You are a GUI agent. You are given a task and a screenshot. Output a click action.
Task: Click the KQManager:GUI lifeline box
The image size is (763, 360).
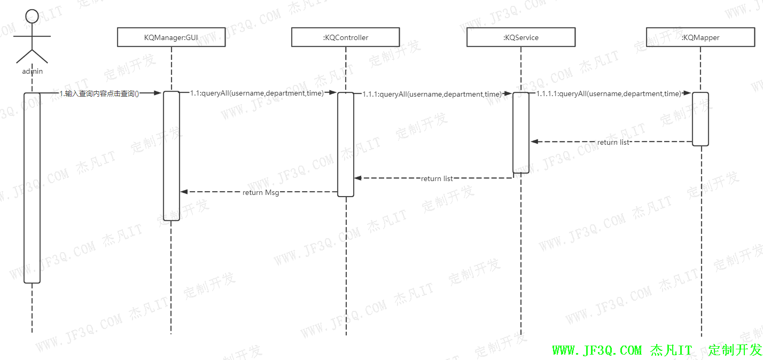click(x=171, y=37)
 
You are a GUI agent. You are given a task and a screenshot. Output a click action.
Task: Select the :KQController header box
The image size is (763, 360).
click(x=346, y=37)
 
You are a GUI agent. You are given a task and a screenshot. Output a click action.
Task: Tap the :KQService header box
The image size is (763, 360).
click(x=521, y=37)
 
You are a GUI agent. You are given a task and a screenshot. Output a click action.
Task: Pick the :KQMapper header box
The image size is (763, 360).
click(x=700, y=37)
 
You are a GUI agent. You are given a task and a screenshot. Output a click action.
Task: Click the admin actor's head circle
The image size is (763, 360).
click(x=32, y=17)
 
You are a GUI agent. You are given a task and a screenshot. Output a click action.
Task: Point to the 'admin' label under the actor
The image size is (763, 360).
click(x=32, y=71)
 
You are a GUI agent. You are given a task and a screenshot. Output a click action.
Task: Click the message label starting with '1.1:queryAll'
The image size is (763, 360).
click(x=257, y=93)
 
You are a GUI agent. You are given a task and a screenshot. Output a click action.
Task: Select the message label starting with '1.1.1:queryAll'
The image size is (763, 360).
click(x=432, y=94)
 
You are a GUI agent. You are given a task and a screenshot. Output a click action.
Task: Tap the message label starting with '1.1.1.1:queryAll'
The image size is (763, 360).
click(x=609, y=93)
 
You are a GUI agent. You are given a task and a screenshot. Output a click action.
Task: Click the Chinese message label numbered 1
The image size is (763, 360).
click(x=99, y=94)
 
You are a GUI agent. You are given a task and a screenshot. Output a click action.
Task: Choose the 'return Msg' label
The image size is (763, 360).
click(x=261, y=192)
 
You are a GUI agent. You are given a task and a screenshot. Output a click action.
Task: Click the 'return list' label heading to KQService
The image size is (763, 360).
click(x=613, y=142)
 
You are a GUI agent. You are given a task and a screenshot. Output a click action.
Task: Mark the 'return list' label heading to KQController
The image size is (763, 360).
click(x=437, y=178)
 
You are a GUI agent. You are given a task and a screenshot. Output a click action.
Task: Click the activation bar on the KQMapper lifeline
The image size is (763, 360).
click(x=700, y=119)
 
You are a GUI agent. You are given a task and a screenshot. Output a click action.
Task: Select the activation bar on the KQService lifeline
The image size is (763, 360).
click(x=521, y=132)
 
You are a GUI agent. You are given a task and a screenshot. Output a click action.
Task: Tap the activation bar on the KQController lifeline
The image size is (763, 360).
click(x=346, y=144)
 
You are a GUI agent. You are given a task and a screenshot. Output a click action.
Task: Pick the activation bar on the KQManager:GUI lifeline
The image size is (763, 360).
click(x=171, y=155)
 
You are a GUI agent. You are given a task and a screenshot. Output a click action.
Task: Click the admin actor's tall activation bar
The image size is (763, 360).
click(x=32, y=187)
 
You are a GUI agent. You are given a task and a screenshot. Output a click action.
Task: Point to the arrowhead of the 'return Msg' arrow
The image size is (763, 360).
click(x=184, y=192)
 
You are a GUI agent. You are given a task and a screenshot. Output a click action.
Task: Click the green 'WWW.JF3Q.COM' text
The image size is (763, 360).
click(x=597, y=350)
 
